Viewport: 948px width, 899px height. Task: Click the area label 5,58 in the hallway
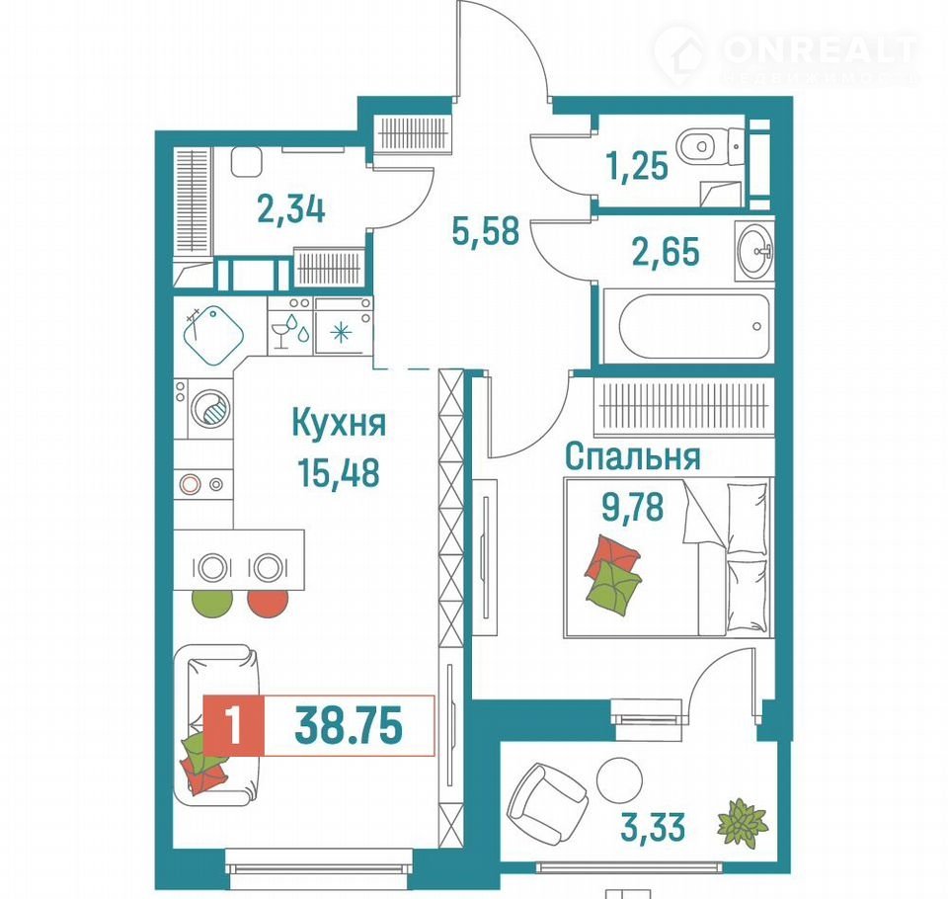pyautogui.click(x=486, y=231)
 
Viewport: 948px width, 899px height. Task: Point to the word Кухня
pyautogui.click(x=339, y=422)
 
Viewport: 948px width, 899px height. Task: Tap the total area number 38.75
pyautogui.click(x=349, y=726)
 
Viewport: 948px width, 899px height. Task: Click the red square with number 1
pyautogui.click(x=233, y=726)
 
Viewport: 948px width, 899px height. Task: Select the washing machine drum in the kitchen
pyautogui.click(x=210, y=408)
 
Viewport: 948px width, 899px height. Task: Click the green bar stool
pyautogui.click(x=212, y=603)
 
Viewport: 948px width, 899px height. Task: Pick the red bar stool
pyautogui.click(x=268, y=603)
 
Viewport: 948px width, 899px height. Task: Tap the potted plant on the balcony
pyautogui.click(x=743, y=822)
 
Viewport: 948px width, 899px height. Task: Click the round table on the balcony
pyautogui.click(x=619, y=779)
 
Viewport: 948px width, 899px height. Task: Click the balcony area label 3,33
pyautogui.click(x=653, y=827)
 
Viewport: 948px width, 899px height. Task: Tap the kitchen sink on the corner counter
pyautogui.click(x=213, y=335)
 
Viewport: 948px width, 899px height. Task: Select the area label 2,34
pyautogui.click(x=291, y=209)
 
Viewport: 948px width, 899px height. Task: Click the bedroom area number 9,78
pyautogui.click(x=632, y=507)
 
